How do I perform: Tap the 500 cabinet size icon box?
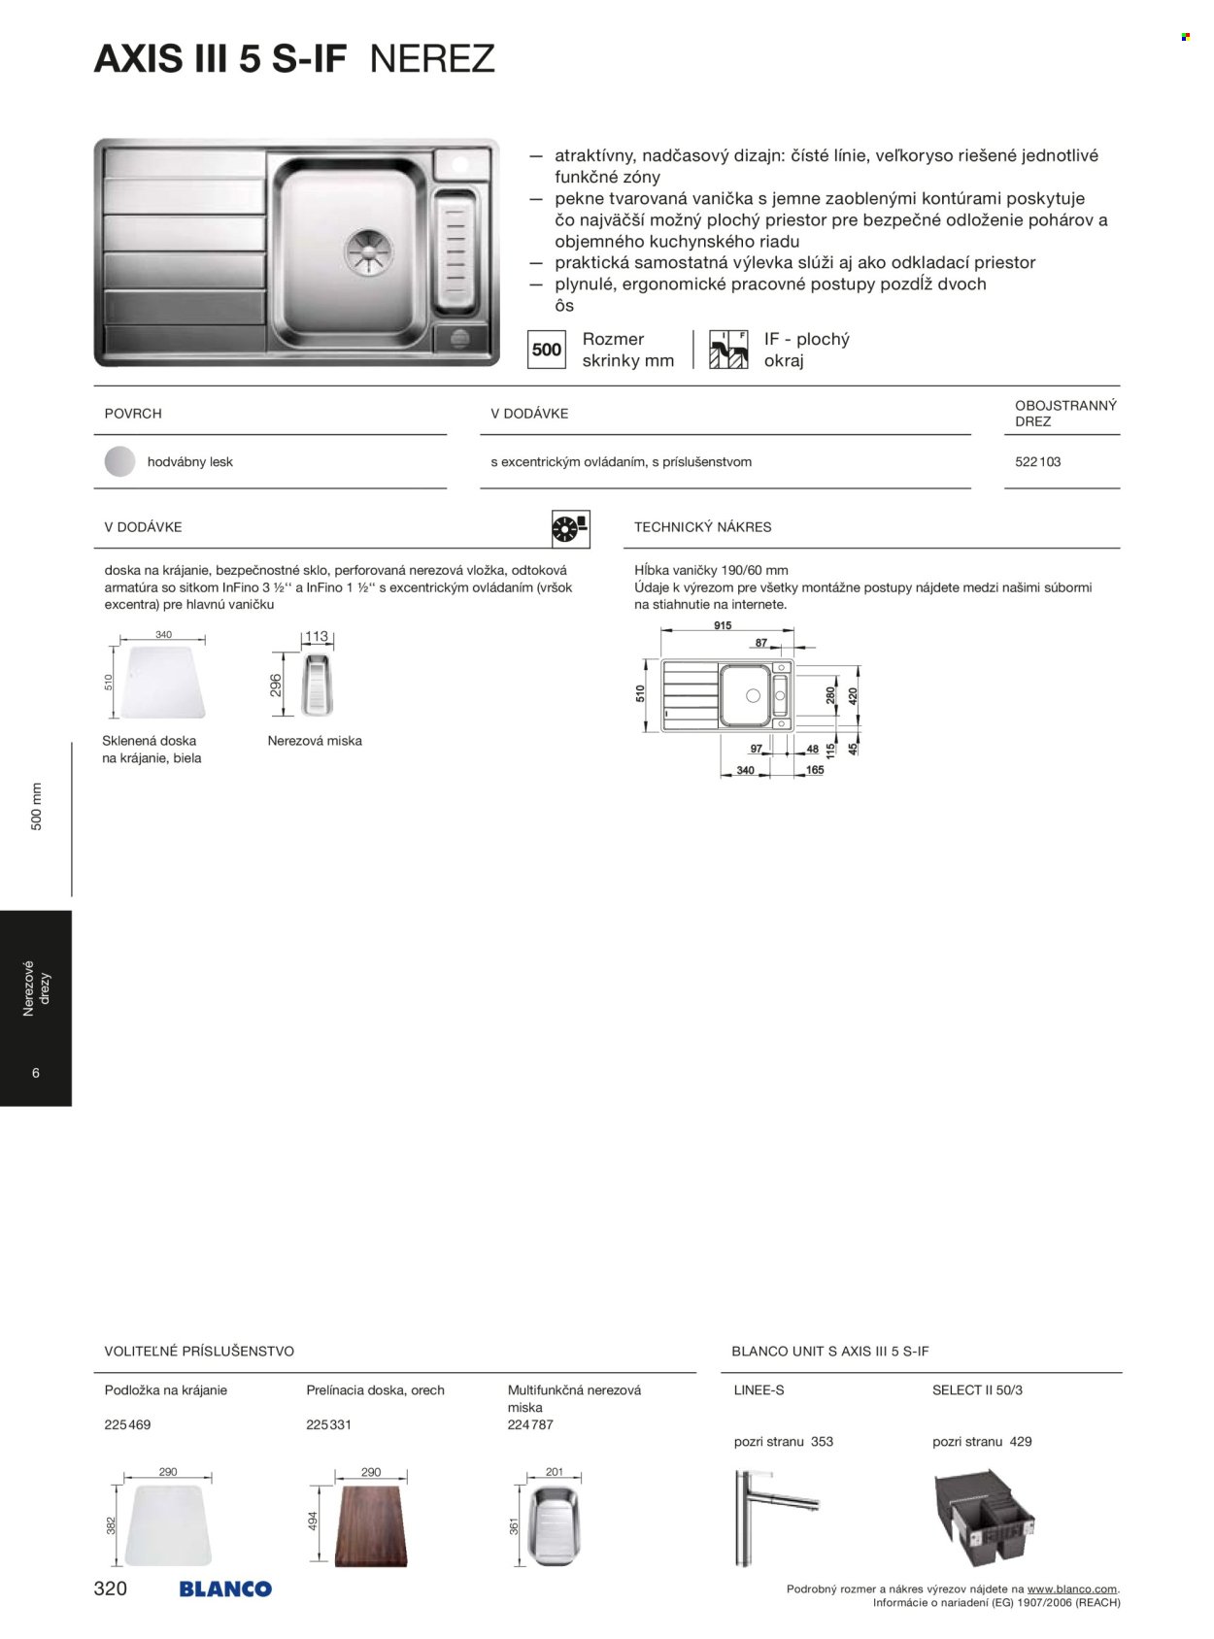click(x=547, y=350)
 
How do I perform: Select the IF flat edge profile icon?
click(x=728, y=350)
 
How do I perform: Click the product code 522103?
click(x=1037, y=462)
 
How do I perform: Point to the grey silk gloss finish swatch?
click(x=120, y=462)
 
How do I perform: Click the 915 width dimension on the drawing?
click(x=723, y=626)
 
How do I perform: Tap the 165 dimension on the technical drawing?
click(x=814, y=770)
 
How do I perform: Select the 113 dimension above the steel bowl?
click(x=317, y=637)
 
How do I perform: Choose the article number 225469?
click(x=127, y=1425)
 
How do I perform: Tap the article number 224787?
click(x=530, y=1425)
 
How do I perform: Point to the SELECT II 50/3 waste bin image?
click(x=987, y=1518)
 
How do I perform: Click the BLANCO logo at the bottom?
click(x=225, y=1589)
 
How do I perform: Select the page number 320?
click(x=110, y=1589)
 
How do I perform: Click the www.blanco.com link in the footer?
click(x=1071, y=1589)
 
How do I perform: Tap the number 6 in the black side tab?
click(x=36, y=1073)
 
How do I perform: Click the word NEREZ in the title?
click(x=433, y=59)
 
